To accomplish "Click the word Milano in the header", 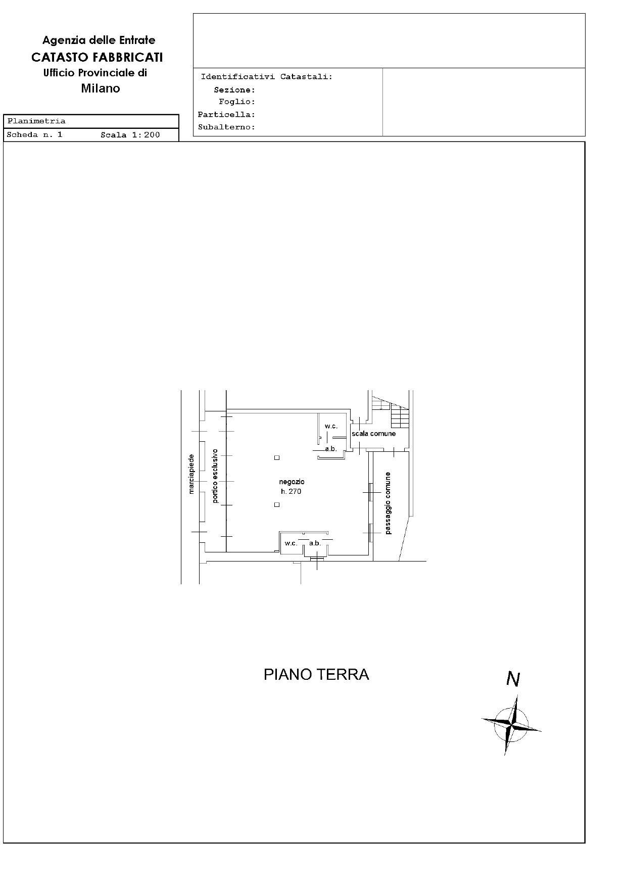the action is click(x=101, y=88).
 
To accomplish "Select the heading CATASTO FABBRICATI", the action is click(x=97, y=57).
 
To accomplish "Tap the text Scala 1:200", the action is click(x=130, y=135).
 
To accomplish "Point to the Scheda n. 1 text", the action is click(x=35, y=135).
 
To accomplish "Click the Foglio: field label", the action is click(x=237, y=102).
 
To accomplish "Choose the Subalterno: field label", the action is click(x=227, y=127).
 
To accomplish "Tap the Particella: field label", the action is click(x=227, y=115).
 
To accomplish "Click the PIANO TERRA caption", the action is click(x=316, y=674).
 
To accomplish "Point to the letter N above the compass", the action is click(x=513, y=679).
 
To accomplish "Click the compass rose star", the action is click(x=512, y=725).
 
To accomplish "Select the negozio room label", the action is click(x=292, y=482).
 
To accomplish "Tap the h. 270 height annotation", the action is click(x=291, y=491).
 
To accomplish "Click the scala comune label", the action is click(x=374, y=434).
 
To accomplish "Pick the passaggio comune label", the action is click(x=388, y=503).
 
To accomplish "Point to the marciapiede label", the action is click(x=191, y=474).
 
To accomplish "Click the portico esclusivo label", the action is click(x=215, y=476).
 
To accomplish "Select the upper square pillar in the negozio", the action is click(x=277, y=458).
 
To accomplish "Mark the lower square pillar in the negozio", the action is click(x=277, y=504).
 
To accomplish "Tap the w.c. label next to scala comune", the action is click(x=331, y=427).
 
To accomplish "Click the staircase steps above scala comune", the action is click(x=399, y=417).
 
